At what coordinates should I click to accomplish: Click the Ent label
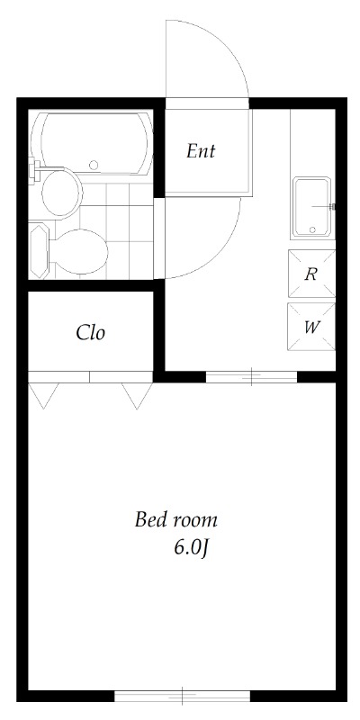[201, 151]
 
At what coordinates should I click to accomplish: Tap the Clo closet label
[91, 332]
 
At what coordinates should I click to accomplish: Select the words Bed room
[175, 520]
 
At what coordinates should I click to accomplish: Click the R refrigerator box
[311, 274]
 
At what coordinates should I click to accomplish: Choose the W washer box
[311, 327]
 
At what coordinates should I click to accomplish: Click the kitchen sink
[311, 207]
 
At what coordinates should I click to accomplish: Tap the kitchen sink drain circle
[312, 229]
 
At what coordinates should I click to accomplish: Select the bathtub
[92, 142]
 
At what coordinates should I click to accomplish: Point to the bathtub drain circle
[94, 165]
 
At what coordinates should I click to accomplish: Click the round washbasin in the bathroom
[60, 193]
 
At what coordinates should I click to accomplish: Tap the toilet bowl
[81, 252]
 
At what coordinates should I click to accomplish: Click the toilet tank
[39, 251]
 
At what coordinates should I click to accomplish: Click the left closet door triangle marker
[43, 395]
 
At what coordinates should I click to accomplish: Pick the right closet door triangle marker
[137, 395]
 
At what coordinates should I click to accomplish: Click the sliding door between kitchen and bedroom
[252, 376]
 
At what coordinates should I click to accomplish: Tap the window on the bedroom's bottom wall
[183, 696]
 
